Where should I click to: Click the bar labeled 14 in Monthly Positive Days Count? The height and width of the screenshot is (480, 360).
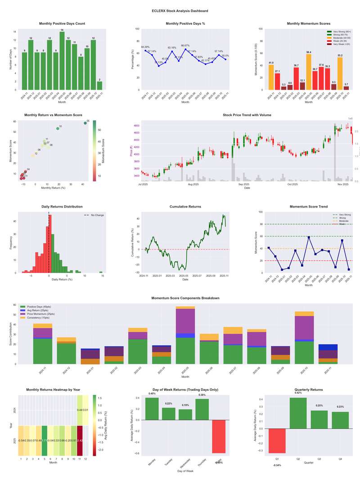pos(62,61)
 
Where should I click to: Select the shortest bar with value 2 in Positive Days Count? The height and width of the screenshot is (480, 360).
pos(99,86)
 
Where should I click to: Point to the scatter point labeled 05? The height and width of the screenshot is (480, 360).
pos(85,123)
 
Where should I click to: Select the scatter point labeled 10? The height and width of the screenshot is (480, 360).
pos(58,128)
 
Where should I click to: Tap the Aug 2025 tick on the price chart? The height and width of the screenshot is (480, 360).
pos(193,184)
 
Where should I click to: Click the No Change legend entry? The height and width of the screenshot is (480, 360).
pos(97,215)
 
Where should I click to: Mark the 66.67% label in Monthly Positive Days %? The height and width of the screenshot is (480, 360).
pos(185,45)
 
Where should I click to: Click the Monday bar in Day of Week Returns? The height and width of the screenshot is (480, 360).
pos(152,408)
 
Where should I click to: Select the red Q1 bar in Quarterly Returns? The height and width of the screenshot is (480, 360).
pos(277,441)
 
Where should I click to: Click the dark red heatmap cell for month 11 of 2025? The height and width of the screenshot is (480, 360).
pos(80,440)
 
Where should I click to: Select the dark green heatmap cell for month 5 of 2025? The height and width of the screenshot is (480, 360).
pos(45,440)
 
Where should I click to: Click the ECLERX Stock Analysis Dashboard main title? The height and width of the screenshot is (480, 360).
pos(180,11)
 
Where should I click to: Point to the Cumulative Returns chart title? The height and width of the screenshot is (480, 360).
pos(185,207)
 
